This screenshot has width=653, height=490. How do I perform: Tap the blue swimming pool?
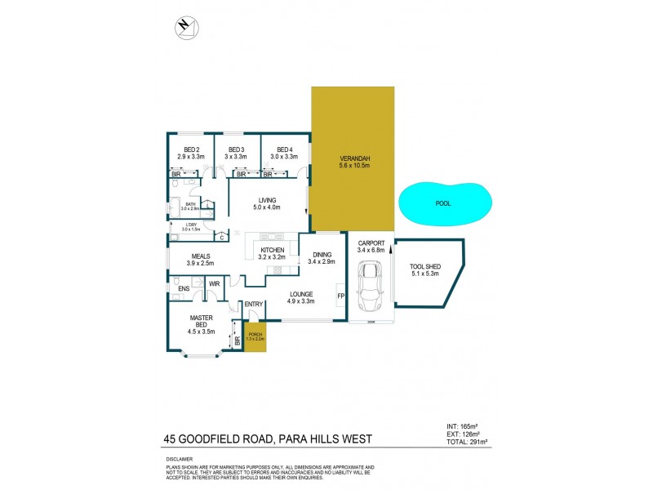[x=444, y=203]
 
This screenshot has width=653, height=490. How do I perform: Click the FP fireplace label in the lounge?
[x=340, y=294]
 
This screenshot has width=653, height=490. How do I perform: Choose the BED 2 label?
[x=192, y=149]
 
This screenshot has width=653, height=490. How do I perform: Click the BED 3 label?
[x=237, y=149]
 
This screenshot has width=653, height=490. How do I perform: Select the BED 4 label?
[x=284, y=149]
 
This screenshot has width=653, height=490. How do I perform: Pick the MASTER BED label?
[x=201, y=322]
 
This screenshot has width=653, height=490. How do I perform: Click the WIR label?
[x=215, y=284]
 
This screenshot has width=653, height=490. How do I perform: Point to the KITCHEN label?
[x=272, y=249]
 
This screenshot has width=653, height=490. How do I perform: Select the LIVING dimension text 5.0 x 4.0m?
[x=268, y=207]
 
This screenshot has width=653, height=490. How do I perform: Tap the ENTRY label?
[x=253, y=305]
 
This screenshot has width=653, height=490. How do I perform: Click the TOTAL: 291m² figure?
[x=468, y=442]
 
